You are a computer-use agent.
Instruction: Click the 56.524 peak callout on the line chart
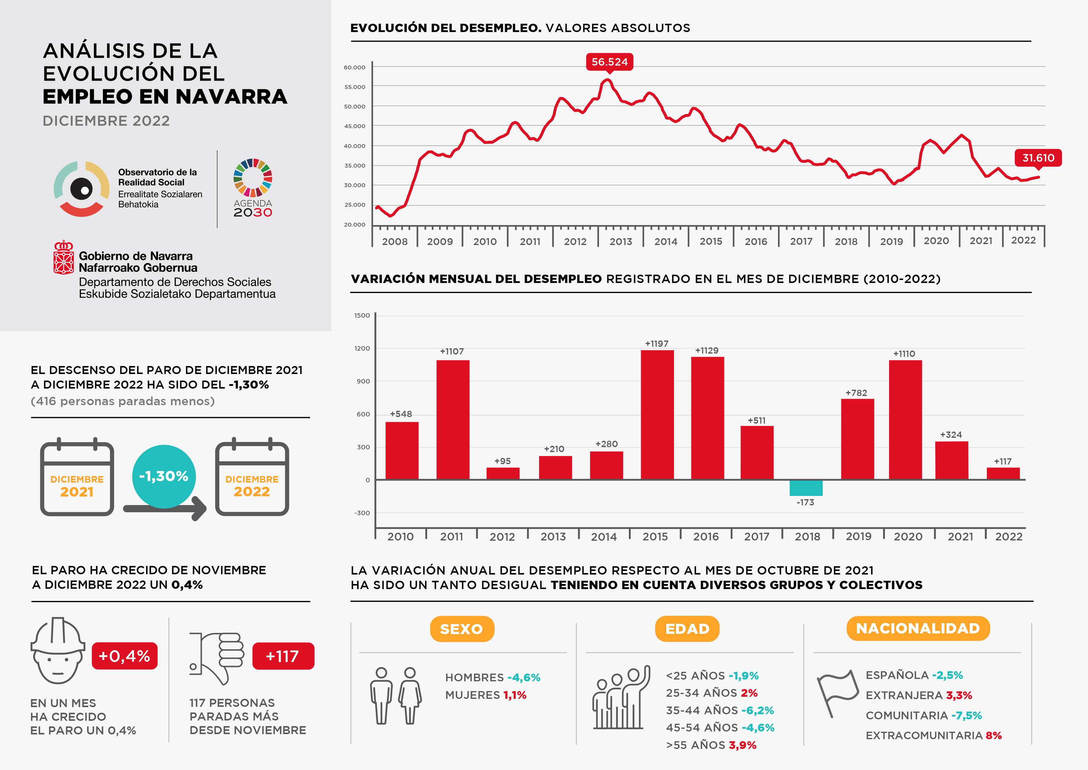[609, 62]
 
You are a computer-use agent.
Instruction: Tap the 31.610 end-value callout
[1038, 158]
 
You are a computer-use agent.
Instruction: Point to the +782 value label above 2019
[856, 393]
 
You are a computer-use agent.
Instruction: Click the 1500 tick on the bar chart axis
[362, 315]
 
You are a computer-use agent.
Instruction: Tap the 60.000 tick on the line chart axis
[354, 67]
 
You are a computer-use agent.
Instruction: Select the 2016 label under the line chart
[756, 241]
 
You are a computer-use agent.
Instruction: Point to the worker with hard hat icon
[58, 650]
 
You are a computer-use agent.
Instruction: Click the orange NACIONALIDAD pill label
[918, 628]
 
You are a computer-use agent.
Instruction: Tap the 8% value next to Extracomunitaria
[994, 735]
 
